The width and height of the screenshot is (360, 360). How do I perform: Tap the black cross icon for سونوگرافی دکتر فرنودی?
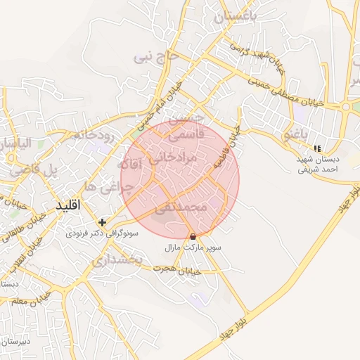103,222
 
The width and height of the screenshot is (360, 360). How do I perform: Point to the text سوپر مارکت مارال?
193,248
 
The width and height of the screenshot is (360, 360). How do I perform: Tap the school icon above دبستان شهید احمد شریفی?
318,148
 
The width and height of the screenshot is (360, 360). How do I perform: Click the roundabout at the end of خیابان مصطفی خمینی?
346,107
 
